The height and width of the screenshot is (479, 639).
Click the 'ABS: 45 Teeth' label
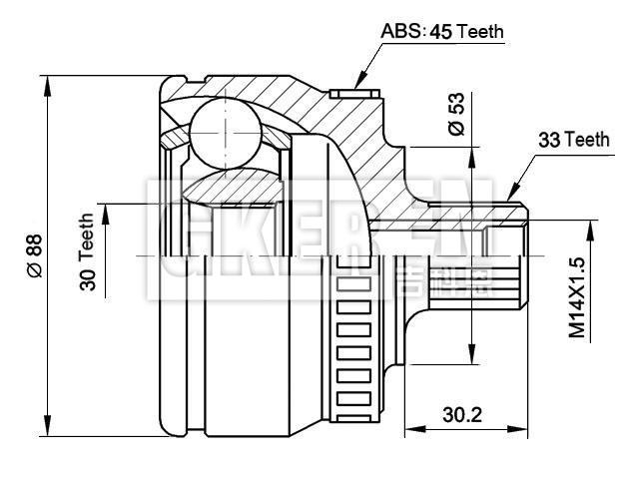click(442, 32)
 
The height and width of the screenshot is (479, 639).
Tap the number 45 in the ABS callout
click(440, 32)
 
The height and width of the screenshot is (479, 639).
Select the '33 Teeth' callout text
click(573, 141)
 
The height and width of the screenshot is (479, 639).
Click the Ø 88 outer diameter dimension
click(34, 254)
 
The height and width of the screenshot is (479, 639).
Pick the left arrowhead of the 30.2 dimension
click(409, 430)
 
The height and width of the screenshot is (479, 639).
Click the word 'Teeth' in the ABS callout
click(482, 32)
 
